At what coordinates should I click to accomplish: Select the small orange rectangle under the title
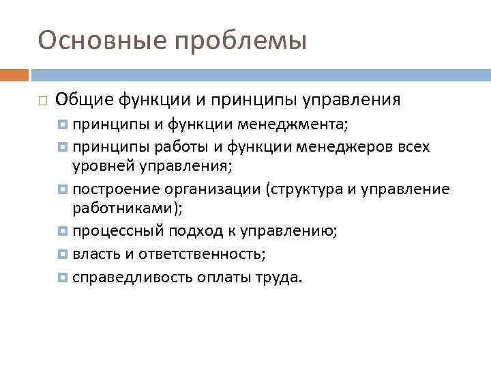[14, 74]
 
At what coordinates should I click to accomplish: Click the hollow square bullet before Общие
[42, 101]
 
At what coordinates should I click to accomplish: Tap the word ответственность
[201, 254]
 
